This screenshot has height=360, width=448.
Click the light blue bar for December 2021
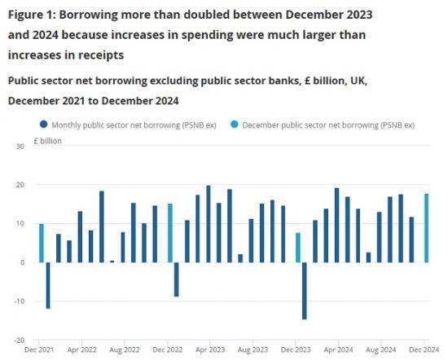(41, 243)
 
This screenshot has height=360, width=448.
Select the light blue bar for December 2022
(170, 233)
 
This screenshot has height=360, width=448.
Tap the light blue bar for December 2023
(299, 248)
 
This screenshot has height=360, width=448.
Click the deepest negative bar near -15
(305, 291)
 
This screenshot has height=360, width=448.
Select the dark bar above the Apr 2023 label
(209, 224)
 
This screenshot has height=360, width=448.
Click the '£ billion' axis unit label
(48, 140)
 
